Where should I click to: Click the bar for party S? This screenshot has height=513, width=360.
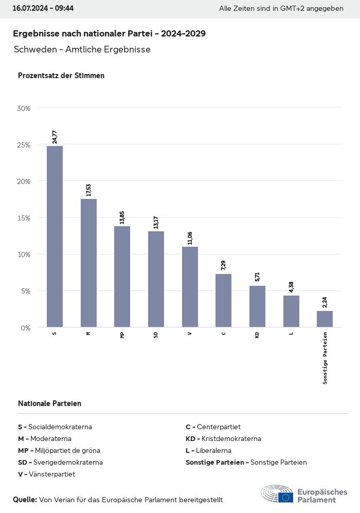point(55,236)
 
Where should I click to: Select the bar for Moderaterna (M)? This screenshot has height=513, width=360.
point(88,263)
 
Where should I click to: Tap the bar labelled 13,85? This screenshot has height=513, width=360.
point(122,277)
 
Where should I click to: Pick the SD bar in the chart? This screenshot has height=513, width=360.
point(156,279)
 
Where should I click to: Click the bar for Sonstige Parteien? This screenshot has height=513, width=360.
point(325,319)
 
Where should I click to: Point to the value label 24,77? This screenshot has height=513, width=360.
point(55,137)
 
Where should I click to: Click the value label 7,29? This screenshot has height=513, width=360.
point(223,265)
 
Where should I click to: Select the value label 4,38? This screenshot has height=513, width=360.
point(291,287)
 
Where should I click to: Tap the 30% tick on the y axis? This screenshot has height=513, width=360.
point(24,108)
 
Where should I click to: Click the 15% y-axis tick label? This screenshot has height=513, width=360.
point(24,218)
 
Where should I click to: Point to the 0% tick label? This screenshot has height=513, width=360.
point(25,327)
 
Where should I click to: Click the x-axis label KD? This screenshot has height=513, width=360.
point(257,335)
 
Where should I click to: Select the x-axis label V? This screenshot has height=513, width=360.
point(190,334)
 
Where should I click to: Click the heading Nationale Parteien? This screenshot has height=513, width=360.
point(49,404)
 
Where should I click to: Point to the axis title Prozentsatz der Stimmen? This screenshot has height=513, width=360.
point(61,76)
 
